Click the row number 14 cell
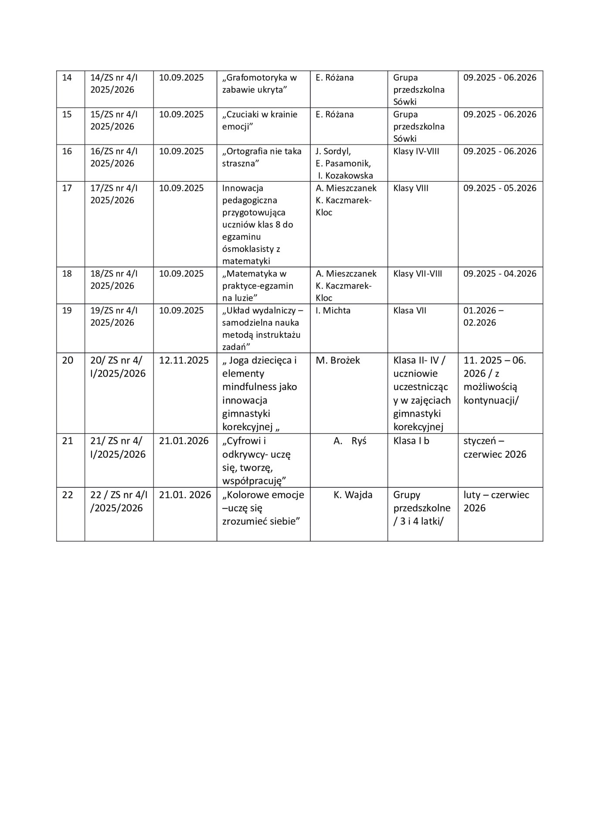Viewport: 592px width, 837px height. point(67,78)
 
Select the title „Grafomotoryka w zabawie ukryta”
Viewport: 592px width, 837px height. point(259,84)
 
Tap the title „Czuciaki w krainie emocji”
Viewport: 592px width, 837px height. point(259,121)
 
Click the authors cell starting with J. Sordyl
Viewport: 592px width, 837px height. point(344,163)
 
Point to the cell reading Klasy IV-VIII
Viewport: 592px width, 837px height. point(416,152)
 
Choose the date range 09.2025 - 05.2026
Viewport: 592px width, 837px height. point(500,188)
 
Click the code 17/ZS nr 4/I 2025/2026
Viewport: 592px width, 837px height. point(114,194)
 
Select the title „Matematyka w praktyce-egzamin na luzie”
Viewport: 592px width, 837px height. point(258,286)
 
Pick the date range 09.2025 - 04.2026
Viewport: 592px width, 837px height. point(500,274)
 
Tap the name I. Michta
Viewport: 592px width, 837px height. point(333,311)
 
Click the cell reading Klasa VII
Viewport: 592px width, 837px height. point(409,311)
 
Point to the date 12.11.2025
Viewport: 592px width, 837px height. point(184,361)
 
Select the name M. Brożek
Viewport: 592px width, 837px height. point(338,361)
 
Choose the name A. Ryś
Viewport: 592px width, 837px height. point(350,441)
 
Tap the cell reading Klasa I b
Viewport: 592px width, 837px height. point(411,441)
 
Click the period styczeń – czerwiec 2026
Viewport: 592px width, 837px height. point(495,448)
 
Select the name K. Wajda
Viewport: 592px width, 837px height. point(353,495)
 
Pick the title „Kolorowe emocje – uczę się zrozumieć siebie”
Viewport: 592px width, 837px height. point(263,508)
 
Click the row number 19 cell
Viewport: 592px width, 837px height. point(67,311)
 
